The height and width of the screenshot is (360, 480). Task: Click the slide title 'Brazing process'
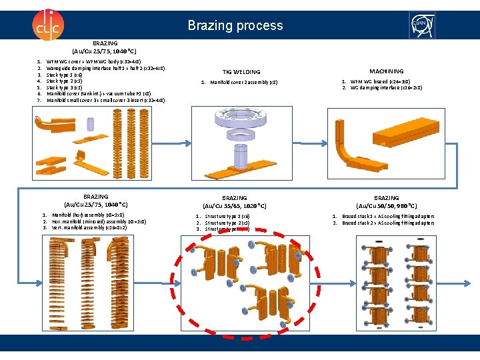(x=235, y=26)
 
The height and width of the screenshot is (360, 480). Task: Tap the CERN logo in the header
(x=424, y=25)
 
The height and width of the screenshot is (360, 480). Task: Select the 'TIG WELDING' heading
(x=241, y=72)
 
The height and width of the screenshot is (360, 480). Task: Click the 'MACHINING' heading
(x=386, y=71)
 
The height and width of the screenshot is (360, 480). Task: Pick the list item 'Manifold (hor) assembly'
(x=87, y=215)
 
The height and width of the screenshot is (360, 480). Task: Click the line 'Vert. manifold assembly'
(x=89, y=228)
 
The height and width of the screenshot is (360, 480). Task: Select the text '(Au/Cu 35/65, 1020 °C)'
(x=235, y=207)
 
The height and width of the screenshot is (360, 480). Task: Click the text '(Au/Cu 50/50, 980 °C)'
(x=386, y=207)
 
